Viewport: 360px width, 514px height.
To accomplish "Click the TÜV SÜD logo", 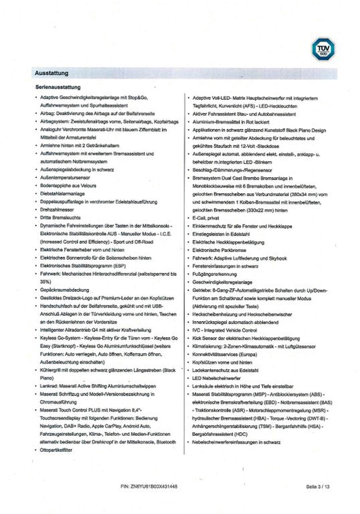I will click(323, 49).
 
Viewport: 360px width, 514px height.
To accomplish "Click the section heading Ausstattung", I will click(52, 73).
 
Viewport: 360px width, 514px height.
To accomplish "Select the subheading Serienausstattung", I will click(58, 87).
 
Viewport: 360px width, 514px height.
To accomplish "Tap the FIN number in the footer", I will click(149, 487).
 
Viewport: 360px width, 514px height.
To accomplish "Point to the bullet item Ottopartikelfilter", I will click(57, 449).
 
